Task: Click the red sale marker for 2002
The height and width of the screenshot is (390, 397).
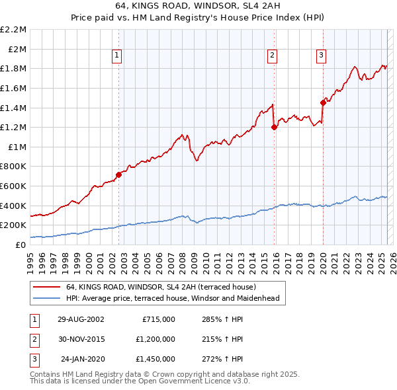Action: point(119,175)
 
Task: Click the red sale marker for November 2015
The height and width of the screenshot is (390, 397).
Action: point(274,128)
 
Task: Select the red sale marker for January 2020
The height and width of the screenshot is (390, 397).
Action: point(323,102)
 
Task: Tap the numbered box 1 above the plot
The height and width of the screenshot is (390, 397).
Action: point(116,56)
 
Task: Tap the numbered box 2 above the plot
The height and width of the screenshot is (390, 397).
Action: point(272,56)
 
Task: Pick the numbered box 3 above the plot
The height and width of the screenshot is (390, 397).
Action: point(321,56)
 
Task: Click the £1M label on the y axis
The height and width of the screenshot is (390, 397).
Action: point(18,147)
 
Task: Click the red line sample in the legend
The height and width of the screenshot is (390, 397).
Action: point(47,287)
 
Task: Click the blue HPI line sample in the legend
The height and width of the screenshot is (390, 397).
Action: point(47,298)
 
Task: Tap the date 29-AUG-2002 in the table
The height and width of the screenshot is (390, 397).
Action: point(81,319)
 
